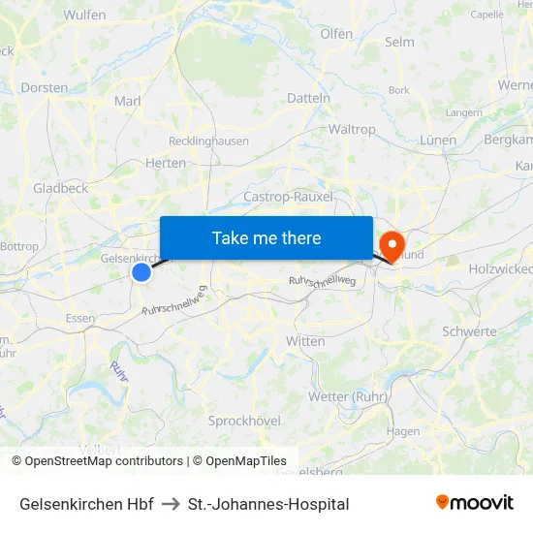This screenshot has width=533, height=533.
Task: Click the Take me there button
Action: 266,237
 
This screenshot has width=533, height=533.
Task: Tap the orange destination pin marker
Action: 392,243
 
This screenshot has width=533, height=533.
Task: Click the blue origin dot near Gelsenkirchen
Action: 141,273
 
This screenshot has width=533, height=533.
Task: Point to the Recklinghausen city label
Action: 208,141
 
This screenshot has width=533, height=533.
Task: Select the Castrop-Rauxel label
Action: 289,196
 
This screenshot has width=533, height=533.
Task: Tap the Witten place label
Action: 305,341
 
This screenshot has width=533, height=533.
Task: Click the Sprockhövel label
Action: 244,420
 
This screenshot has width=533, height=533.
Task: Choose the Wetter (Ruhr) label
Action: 347,396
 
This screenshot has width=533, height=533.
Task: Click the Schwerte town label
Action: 469,330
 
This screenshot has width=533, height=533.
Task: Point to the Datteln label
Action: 309,98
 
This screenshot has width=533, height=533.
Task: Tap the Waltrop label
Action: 352,129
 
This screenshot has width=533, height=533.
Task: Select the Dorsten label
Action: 45,87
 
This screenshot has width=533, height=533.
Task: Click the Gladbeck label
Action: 60,188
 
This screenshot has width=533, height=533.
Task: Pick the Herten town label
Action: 166,163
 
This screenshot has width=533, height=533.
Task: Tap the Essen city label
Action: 79,318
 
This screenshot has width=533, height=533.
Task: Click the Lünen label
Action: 438,140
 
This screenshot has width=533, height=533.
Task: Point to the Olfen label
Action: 336,33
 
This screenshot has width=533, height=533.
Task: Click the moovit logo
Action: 475,502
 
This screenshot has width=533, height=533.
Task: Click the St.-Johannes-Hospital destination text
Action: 268,504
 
